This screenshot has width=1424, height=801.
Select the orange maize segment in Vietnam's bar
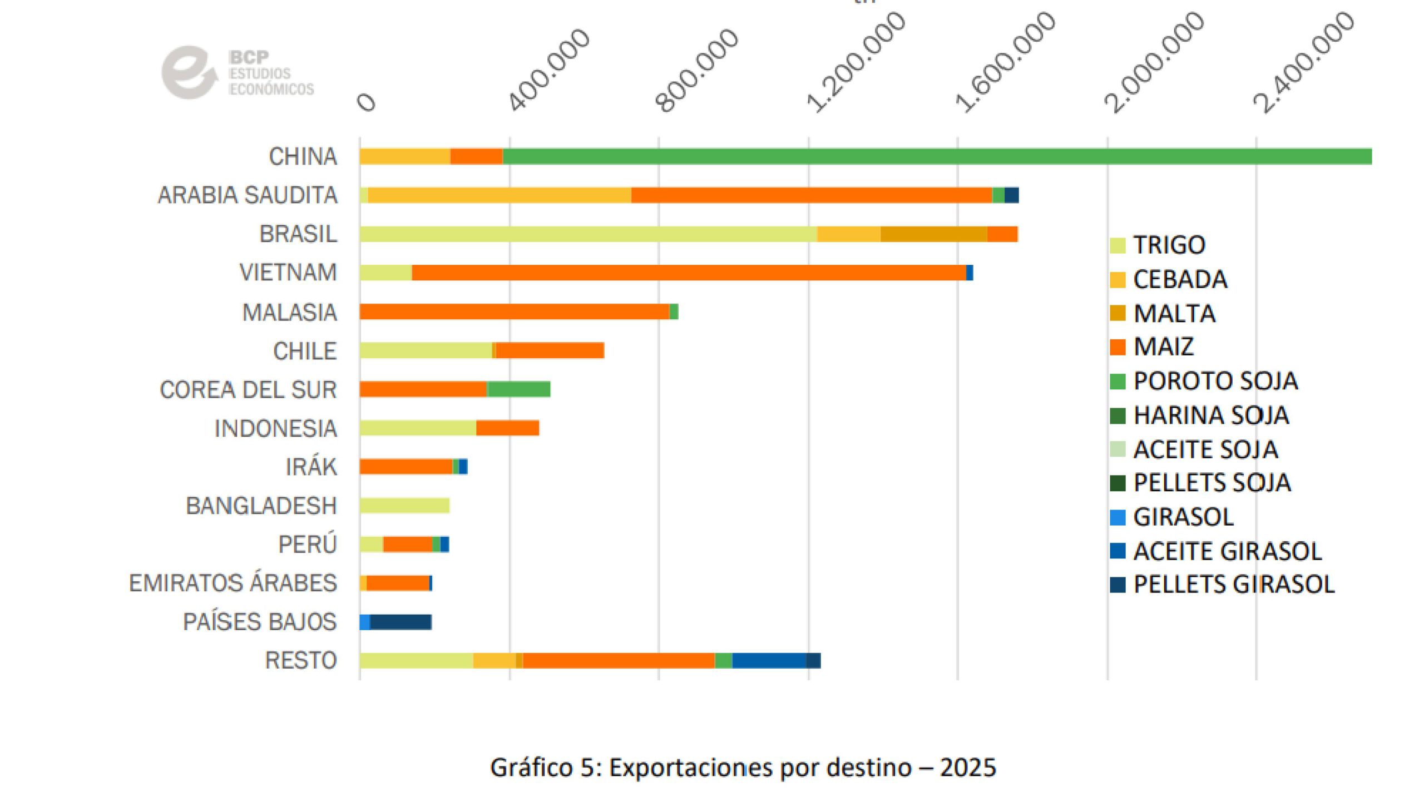pos(689,273)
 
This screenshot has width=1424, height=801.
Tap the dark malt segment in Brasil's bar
pos(933,234)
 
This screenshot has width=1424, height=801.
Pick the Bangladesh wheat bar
pos(404,506)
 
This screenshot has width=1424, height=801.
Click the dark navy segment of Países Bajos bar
pos(400,622)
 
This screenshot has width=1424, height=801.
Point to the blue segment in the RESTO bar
pos(769,660)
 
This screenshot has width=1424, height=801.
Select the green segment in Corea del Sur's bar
pos(518,389)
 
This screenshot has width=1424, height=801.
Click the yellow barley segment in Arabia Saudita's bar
pos(499,195)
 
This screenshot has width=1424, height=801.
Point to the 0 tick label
pos(367,103)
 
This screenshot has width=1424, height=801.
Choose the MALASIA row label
pos(290,313)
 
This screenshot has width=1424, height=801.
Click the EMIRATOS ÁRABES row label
pos(233,583)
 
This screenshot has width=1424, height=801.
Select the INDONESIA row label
pos(276,428)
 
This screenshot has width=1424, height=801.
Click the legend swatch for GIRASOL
pos(1118,517)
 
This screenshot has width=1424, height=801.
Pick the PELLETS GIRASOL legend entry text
pos(1234,585)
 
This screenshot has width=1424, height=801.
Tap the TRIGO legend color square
pos(1118,245)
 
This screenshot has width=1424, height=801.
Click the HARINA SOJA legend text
pos(1211,416)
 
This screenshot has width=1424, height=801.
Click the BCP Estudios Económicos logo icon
pos(188,72)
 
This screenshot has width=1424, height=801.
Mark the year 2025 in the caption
pos(968,768)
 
